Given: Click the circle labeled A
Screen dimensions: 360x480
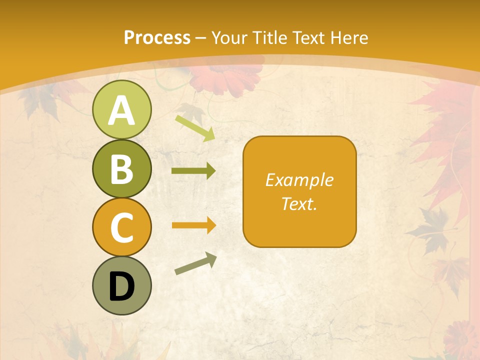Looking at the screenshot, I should point(121,109).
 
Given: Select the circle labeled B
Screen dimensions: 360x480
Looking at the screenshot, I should point(121,168).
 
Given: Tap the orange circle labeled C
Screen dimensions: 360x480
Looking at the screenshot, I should point(121,227).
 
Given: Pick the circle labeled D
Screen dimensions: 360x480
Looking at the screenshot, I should point(121,285).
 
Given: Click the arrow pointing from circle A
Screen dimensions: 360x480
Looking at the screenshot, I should point(195,128).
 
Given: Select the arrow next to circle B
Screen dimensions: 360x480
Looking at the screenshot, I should point(193,171).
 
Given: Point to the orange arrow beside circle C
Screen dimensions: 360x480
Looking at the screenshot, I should point(193,225).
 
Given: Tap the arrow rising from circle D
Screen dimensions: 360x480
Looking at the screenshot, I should point(195,264).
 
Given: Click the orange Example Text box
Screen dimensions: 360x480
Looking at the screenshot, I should point(299,191).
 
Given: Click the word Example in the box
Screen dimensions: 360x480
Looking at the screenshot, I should point(299,180).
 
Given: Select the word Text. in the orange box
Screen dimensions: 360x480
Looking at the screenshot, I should point(299,204).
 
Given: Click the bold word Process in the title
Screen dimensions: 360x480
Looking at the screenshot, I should point(157,37).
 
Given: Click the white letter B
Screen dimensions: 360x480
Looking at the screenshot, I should point(121,169).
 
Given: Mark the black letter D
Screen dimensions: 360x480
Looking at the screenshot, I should point(121,286).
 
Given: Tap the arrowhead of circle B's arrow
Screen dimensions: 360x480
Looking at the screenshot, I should point(210,171).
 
